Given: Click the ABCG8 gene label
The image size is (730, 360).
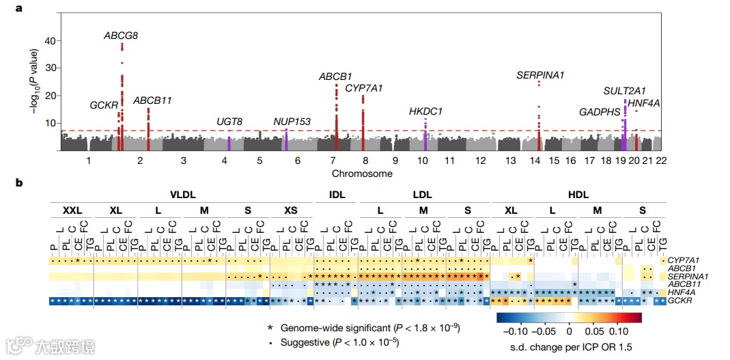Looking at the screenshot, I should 121,36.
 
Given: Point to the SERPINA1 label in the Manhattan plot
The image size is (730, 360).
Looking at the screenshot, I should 540,75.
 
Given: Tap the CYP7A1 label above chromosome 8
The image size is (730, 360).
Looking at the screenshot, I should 364,88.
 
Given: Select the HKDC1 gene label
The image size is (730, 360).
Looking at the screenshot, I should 425,111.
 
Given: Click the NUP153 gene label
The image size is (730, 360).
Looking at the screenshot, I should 292,122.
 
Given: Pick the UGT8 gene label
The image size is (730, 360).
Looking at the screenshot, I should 229,122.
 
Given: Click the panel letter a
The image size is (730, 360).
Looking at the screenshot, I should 20,9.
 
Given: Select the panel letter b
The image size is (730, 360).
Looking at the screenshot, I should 20,182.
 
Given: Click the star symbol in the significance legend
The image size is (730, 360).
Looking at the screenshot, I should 272,329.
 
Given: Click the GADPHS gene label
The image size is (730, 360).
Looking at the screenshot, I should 600,112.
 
